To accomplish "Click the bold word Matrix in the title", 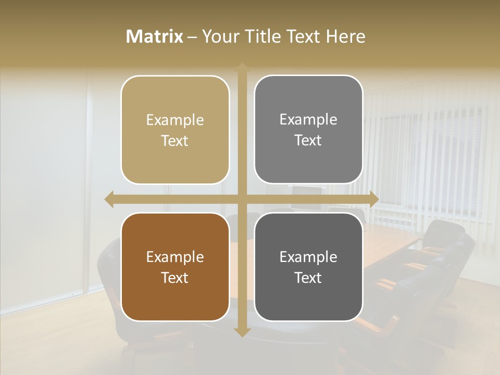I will point(155,36).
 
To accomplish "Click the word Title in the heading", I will point(262,36).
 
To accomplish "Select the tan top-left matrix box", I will point(175,130).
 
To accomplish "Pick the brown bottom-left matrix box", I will point(175,267).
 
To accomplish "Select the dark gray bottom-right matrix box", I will point(308,267).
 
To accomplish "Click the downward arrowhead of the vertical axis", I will point(242,332).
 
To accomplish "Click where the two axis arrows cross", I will point(242,199).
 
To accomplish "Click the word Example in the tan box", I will point(175,120).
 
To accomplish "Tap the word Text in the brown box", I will point(175,278).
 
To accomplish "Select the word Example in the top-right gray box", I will point(308,120).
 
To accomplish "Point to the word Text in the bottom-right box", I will point(308,278).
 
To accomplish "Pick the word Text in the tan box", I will point(175,141).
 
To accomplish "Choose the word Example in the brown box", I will point(175,257).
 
